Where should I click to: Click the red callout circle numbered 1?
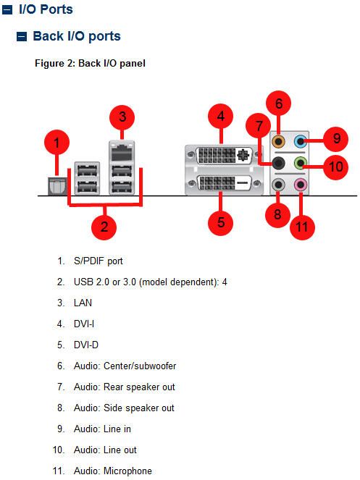click(x=56, y=143)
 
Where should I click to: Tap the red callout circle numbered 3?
click(x=122, y=117)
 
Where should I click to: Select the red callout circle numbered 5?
click(x=221, y=222)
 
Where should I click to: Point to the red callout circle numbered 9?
click(x=336, y=139)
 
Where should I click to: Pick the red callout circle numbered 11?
click(x=302, y=227)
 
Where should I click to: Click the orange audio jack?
click(x=278, y=141)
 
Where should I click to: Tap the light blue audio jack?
click(x=301, y=141)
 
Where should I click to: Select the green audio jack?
click(x=301, y=163)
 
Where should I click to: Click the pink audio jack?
click(x=301, y=185)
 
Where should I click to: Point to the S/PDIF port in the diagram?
click(x=57, y=186)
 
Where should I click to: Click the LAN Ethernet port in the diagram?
click(x=122, y=151)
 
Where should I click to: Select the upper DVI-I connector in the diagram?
click(x=224, y=155)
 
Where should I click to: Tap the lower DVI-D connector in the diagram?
click(x=224, y=183)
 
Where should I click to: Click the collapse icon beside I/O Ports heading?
click(x=7, y=9)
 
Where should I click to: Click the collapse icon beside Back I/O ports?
click(x=22, y=36)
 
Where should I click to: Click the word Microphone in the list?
click(x=127, y=471)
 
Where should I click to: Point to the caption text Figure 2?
click(x=55, y=64)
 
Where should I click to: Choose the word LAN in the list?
click(x=83, y=303)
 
